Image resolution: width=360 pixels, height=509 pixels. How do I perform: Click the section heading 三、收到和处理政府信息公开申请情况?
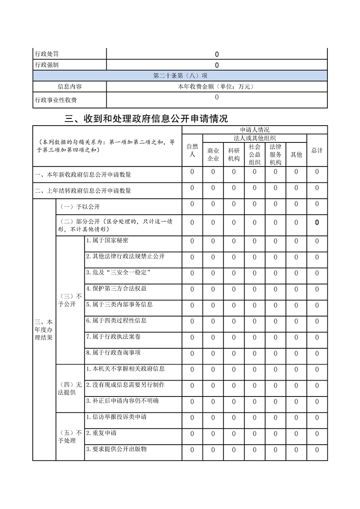tap(146, 119)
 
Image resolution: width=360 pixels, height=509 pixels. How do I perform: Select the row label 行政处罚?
tap(47, 54)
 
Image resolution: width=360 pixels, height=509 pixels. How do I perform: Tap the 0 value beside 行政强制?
tap(217, 65)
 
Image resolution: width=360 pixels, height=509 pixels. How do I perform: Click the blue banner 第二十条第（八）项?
tap(180, 76)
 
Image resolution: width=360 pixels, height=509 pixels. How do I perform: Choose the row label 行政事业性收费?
tap(56, 100)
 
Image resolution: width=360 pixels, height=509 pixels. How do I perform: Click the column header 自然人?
tap(192, 150)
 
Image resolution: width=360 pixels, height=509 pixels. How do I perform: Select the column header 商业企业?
tap(213, 154)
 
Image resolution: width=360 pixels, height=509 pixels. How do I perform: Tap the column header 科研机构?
tap(234, 154)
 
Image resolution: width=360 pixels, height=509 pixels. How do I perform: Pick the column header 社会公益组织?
tap(255, 154)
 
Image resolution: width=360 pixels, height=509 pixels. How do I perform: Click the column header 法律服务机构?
tap(276, 154)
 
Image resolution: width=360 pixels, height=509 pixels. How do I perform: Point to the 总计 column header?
tap(317, 150)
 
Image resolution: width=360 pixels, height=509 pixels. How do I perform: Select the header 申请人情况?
tap(254, 130)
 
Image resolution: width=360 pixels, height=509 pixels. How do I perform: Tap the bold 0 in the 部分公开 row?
tap(317, 222)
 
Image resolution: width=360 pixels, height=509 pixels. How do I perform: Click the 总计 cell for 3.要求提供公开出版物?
tap(317, 450)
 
